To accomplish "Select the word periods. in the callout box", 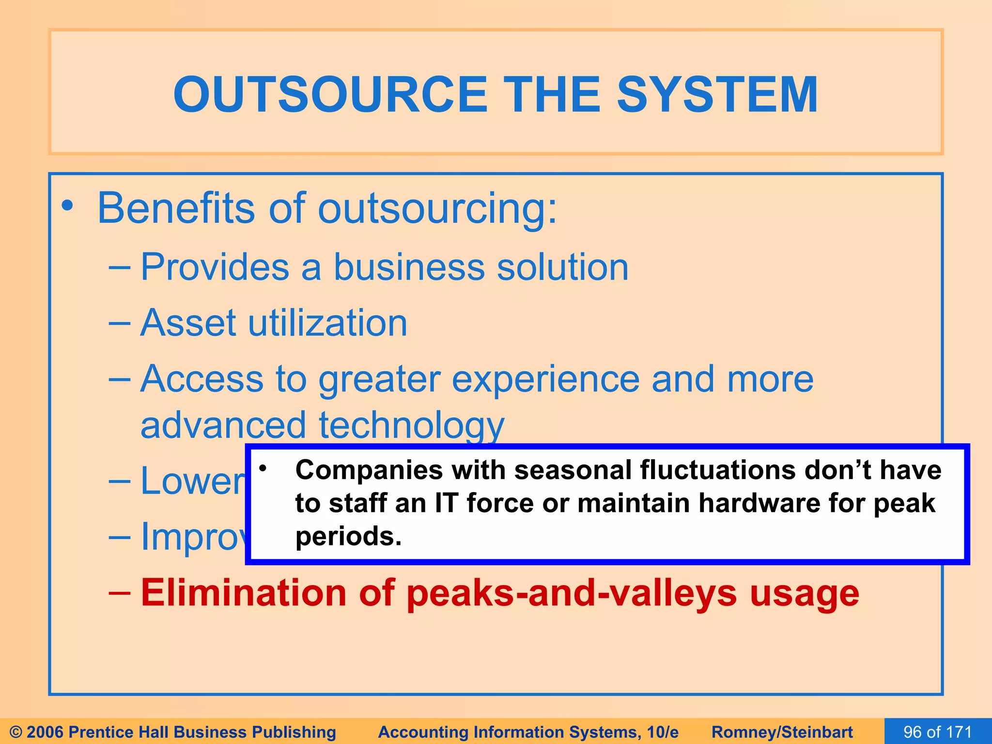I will point(348,537).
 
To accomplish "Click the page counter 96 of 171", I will point(937,732).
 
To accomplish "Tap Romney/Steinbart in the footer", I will point(782,732).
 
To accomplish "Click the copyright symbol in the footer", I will point(16,732).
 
